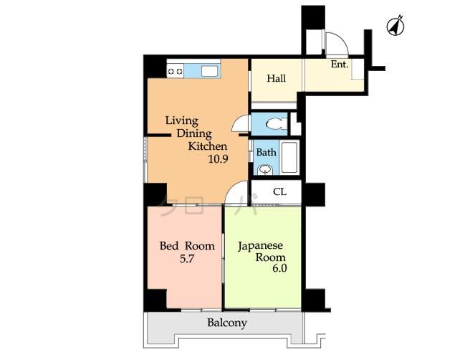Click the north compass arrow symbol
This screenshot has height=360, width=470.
point(394,27)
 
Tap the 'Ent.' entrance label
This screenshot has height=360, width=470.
point(339,65)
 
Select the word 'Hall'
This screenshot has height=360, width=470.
point(277,77)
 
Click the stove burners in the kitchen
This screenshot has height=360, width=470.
point(175,70)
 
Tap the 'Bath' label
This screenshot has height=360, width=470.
point(266,152)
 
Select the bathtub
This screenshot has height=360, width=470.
point(289,157)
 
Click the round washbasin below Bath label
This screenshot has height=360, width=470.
point(265,170)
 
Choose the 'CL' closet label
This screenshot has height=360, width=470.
point(280,191)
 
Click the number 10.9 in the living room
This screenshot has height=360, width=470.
point(218,159)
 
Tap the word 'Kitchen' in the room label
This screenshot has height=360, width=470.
point(208,146)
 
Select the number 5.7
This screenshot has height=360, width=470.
point(185,259)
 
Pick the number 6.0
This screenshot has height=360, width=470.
point(279,270)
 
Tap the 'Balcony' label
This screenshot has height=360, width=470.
point(227,323)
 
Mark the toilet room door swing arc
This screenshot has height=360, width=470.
point(239,123)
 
